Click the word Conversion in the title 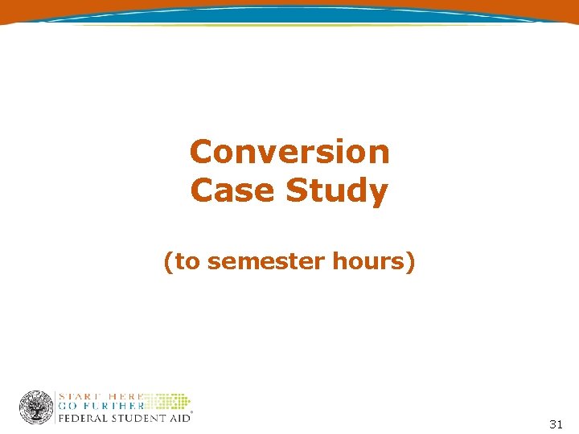[x=289, y=152]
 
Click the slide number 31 [x=556, y=424]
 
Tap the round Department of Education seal [x=36, y=407]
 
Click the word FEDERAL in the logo [x=84, y=418]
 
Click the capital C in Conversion [x=200, y=152]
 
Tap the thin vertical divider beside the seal [x=55, y=407]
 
